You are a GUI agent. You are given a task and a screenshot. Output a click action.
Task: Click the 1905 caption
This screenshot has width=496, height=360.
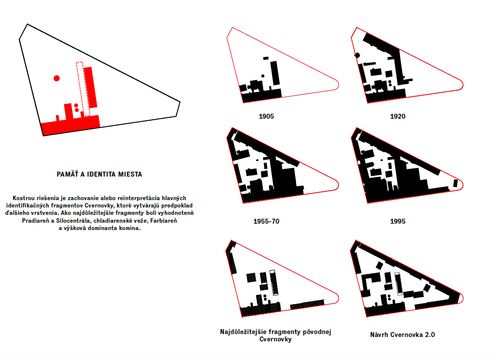[x=266, y=116]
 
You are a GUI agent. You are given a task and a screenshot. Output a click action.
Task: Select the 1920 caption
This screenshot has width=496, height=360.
[x=397, y=116]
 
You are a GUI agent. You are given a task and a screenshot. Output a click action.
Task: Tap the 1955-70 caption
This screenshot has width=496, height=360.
[x=266, y=221]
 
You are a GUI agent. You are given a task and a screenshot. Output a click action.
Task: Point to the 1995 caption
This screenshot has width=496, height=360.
[x=397, y=221]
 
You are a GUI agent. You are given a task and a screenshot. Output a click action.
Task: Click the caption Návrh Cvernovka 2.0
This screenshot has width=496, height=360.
[x=402, y=334]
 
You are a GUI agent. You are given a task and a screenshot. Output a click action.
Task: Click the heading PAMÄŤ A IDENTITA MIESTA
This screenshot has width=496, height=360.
[x=99, y=174]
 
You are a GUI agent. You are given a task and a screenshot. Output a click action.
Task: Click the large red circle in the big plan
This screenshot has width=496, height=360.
[x=57, y=78]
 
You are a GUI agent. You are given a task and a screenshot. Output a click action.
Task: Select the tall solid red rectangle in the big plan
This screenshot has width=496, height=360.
[x=91, y=87]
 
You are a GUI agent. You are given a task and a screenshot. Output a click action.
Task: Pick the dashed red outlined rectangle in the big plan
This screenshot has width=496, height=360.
[x=83, y=89]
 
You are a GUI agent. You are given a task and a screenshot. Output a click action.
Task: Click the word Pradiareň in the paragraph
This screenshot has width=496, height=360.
[x=35, y=221]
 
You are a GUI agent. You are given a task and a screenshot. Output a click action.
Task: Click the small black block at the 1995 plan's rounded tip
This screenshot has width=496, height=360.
[x=455, y=183]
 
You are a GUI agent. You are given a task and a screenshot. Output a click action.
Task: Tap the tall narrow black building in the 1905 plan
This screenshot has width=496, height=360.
[x=275, y=73]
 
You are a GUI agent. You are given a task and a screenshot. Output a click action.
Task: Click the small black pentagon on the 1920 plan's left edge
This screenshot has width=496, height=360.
[x=357, y=55]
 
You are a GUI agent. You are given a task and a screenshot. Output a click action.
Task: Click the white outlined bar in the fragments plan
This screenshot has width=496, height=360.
[x=274, y=283]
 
